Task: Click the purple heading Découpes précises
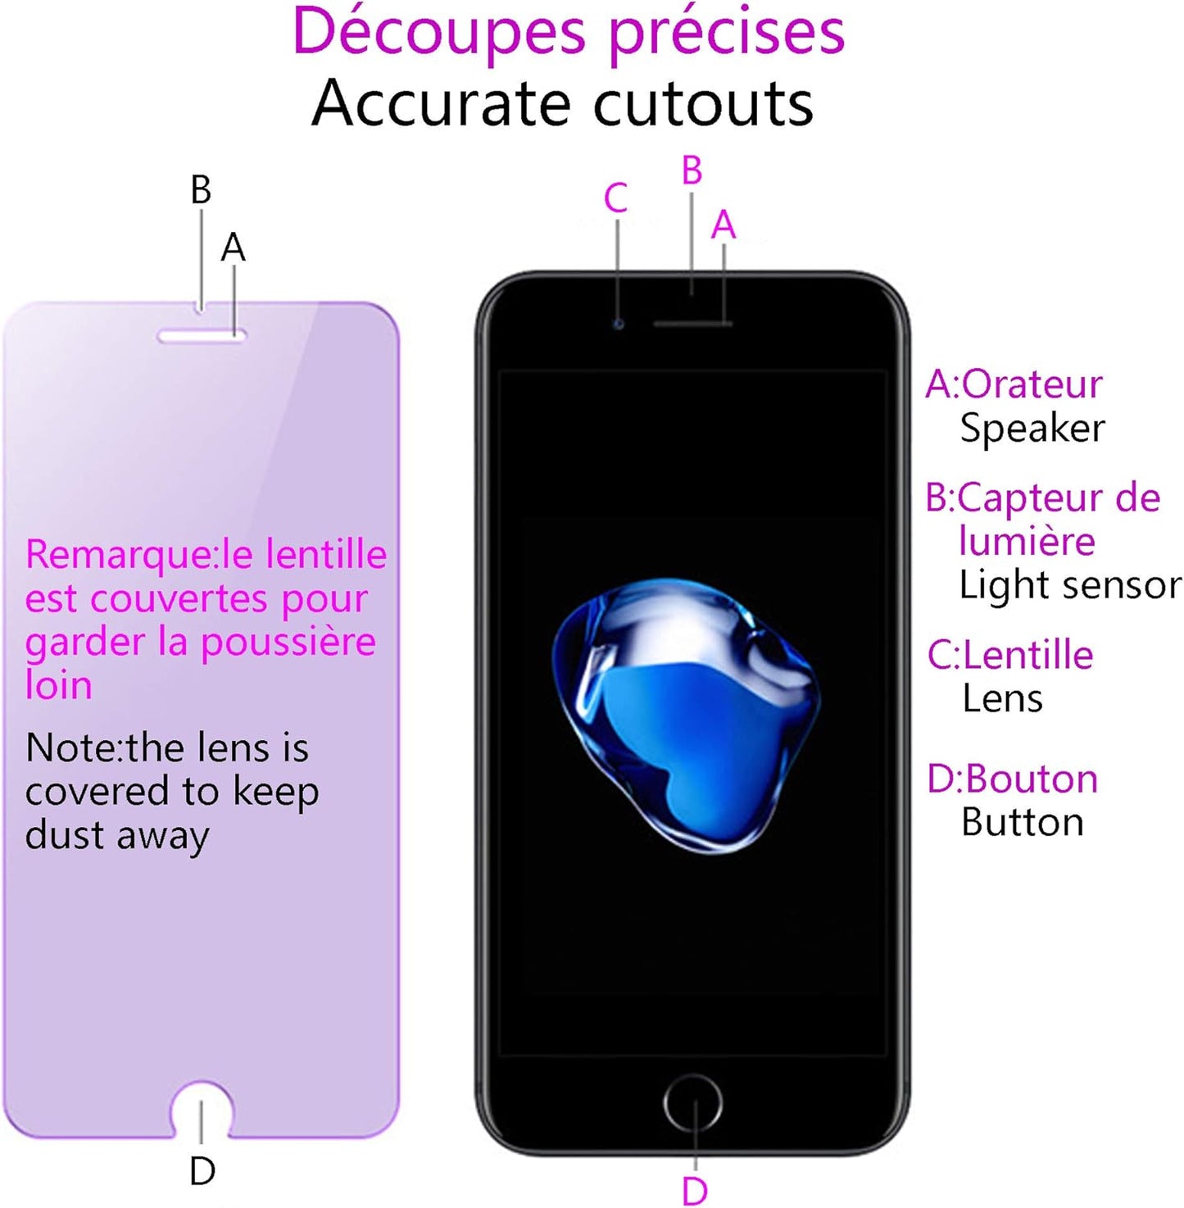tap(568, 33)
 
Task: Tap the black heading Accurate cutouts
tap(563, 104)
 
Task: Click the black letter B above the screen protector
tap(201, 190)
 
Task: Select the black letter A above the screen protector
tap(234, 248)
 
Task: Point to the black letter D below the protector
tap(202, 1171)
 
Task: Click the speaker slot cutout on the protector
tap(202, 336)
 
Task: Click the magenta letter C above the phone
tap(615, 198)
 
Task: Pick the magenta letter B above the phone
tap(692, 170)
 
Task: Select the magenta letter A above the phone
tap(724, 225)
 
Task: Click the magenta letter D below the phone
tap(694, 1191)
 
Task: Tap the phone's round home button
tap(693, 1103)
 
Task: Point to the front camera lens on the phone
tap(619, 325)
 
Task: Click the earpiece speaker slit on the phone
tap(692, 324)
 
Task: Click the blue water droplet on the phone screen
tap(686, 713)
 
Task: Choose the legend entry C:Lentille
tap(1010, 656)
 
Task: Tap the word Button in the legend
tap(1023, 823)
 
